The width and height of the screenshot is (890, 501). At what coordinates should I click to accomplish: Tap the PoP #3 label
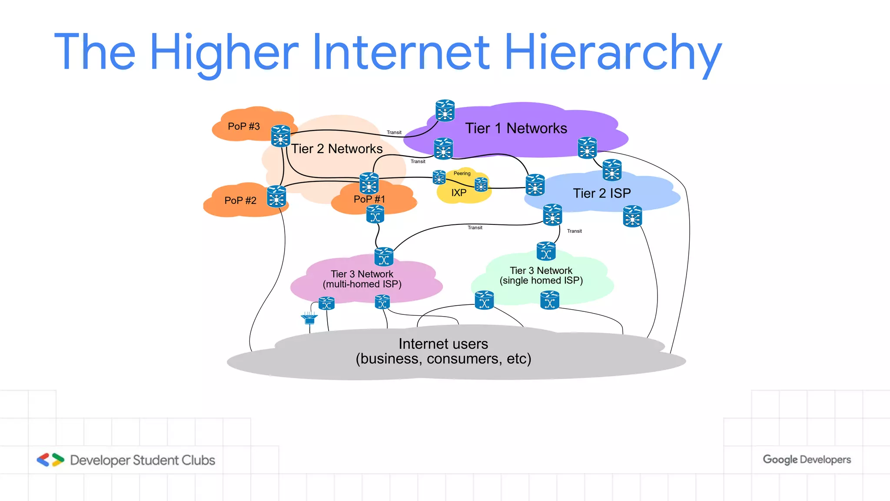(244, 127)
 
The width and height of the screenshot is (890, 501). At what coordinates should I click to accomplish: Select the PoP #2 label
(240, 200)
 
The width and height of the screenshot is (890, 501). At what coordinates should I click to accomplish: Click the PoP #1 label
(369, 199)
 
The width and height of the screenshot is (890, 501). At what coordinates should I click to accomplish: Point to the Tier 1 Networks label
(516, 128)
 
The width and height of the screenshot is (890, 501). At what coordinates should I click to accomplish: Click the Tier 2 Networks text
(337, 149)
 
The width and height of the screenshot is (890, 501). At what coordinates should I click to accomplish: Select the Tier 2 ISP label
(601, 193)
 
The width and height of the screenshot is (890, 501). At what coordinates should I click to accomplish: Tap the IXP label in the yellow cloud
(458, 193)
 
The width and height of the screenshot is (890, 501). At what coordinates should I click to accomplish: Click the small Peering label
(462, 174)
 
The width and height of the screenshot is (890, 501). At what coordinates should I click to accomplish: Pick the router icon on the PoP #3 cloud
(280, 136)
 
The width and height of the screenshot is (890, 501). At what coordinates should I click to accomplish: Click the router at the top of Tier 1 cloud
(445, 110)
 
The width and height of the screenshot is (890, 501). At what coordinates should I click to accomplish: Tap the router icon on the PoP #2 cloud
(276, 196)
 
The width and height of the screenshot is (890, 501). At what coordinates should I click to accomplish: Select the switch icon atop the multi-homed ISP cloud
(384, 257)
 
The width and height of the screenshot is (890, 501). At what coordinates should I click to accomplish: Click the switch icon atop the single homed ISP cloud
(546, 251)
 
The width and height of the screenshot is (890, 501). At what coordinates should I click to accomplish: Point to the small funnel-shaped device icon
(309, 318)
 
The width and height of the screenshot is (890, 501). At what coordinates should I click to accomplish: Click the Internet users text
(443, 344)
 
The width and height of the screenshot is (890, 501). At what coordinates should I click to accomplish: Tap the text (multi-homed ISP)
(362, 284)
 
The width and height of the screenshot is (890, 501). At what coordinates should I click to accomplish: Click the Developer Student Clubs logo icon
(50, 460)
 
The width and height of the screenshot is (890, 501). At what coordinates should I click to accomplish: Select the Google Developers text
(807, 460)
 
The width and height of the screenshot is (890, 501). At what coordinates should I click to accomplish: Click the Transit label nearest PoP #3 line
(394, 133)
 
